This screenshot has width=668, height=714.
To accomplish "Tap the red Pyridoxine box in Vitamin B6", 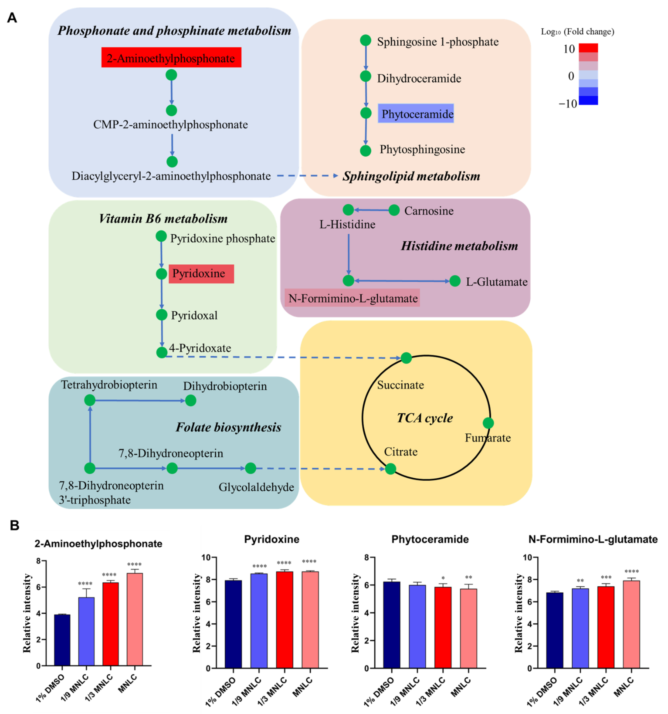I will click(201, 274).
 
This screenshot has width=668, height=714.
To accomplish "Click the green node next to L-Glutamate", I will click(455, 281).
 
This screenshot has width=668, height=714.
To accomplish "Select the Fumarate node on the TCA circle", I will click(488, 423).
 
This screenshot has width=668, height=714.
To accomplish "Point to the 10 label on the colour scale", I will click(569, 49).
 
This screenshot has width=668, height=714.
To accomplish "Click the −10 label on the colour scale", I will click(567, 104).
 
